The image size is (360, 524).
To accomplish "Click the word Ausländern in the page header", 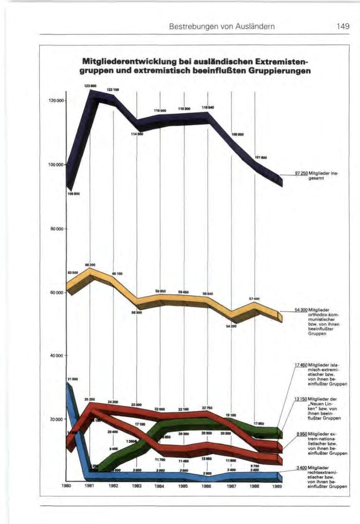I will [257, 27].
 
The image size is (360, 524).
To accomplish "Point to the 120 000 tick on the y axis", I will [56, 101].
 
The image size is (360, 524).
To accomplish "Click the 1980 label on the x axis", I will [66, 486].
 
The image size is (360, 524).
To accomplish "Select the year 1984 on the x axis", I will [160, 486].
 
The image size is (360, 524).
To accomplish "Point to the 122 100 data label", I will [113, 89].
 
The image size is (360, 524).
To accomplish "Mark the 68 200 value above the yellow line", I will [90, 265].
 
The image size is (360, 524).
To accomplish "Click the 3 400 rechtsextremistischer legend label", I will [320, 476].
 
